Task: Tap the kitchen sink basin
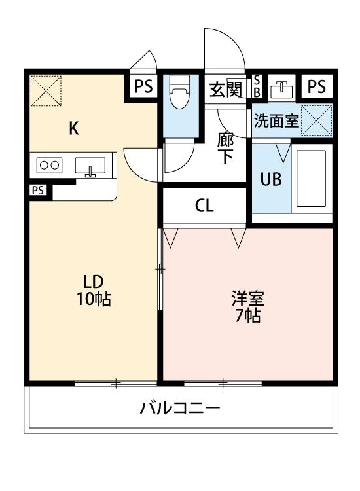(90, 167)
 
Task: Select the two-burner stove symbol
(50, 165)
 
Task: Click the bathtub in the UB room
(310, 179)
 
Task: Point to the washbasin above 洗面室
(283, 88)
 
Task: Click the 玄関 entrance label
(225, 89)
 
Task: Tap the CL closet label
(204, 206)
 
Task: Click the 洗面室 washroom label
(276, 121)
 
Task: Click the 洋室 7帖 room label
(247, 306)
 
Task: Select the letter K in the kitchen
(74, 128)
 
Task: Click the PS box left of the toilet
(144, 86)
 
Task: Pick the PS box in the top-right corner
(317, 86)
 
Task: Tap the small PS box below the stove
(38, 191)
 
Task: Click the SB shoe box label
(257, 86)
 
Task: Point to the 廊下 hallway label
(225, 148)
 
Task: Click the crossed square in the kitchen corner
(46, 90)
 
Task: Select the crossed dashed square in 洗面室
(316, 120)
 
